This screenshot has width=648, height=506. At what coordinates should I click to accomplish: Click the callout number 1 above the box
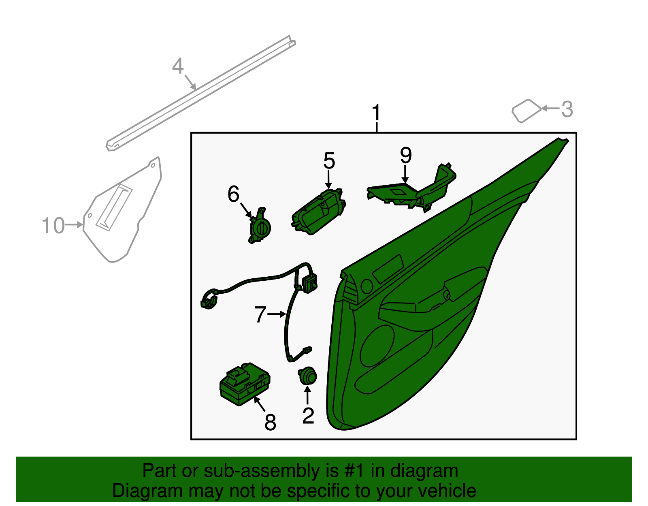[x=376, y=112]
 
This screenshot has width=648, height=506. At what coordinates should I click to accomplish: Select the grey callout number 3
[x=567, y=109]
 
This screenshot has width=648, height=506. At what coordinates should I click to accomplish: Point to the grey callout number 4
[x=178, y=66]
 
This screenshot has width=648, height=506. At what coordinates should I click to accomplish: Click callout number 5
[x=329, y=160]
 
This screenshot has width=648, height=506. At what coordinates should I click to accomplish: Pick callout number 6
[x=233, y=194]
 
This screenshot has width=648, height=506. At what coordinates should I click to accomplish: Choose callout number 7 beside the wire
[x=260, y=314]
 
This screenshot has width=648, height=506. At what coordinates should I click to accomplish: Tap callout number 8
[x=270, y=423]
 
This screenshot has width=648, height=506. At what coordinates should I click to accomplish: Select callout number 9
[x=405, y=155]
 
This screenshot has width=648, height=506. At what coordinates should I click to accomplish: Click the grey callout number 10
[x=53, y=225]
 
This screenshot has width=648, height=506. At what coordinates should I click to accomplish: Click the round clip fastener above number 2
[x=307, y=376]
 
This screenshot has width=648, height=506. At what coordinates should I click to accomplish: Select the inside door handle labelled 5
[x=318, y=211]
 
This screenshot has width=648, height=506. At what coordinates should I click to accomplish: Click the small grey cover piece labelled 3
[x=526, y=111]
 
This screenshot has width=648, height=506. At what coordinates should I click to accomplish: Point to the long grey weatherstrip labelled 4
[x=201, y=93]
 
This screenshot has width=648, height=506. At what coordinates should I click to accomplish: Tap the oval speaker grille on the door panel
[x=377, y=346]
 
